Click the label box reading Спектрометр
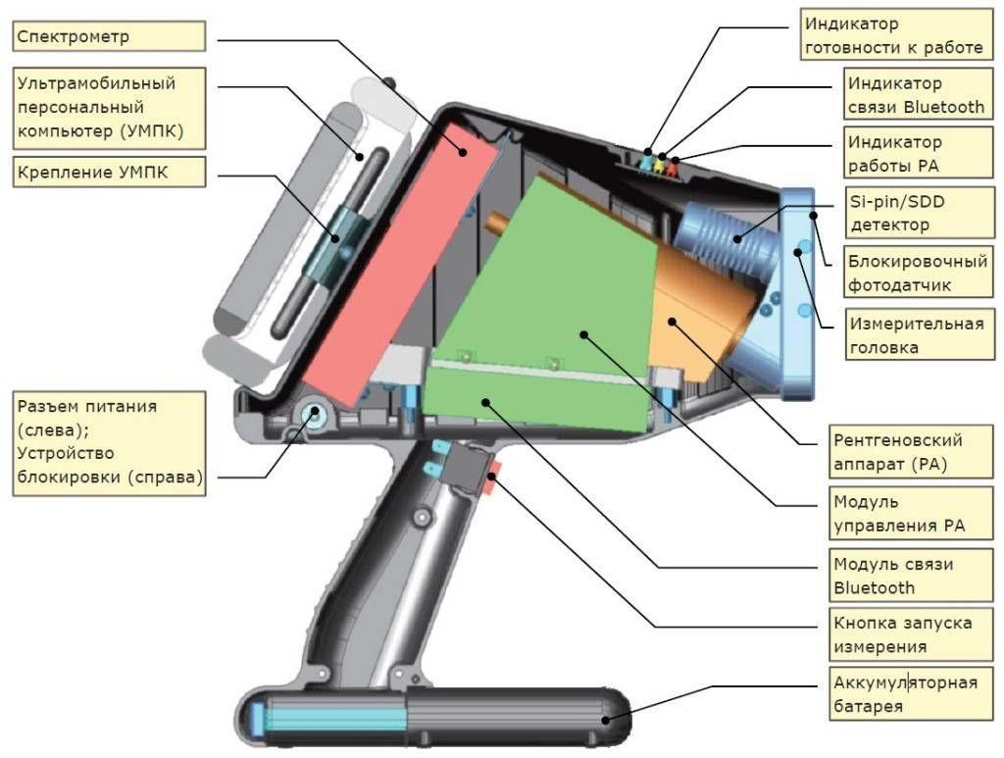[109, 36]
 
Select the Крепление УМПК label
[109, 172]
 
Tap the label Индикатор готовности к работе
[896, 35]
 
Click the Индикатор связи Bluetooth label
[918, 94]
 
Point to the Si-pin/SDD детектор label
[920, 213]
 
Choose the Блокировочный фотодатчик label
[918, 272]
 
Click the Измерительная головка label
[920, 334]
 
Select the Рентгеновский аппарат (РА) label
[911, 451]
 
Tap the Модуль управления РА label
[911, 513]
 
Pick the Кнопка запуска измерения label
[911, 633]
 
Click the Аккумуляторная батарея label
[911, 694]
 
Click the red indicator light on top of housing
[673, 168]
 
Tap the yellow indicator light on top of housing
[660, 164]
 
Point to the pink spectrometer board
[400, 264]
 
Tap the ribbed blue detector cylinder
[727, 237]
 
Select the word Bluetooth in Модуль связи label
[874, 587]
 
